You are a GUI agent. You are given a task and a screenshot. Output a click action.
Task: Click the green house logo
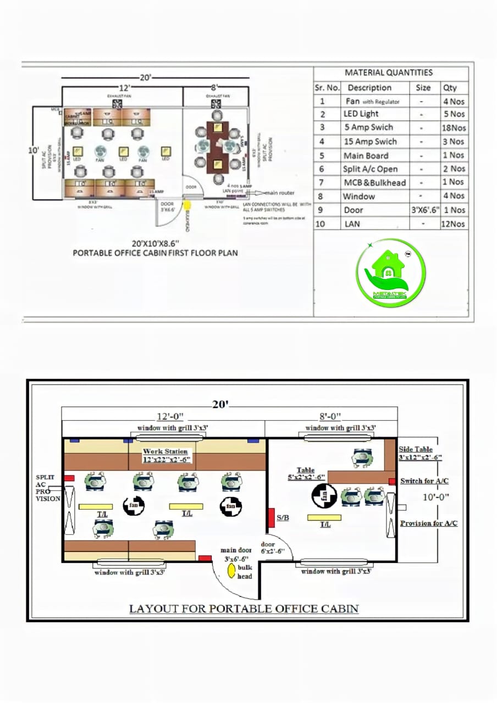click(390, 272)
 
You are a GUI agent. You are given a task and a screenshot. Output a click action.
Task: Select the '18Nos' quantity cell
click(454, 127)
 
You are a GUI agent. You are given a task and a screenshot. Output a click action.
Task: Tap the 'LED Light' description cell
click(361, 114)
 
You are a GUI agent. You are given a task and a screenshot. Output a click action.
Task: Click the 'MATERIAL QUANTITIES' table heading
click(389, 72)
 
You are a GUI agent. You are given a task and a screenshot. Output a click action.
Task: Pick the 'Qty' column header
click(450, 87)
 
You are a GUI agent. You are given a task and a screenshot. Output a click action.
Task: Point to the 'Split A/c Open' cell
click(370, 169)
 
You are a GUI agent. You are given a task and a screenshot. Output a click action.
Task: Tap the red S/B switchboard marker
click(271, 518)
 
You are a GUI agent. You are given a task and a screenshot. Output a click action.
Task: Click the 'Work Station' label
click(165, 451)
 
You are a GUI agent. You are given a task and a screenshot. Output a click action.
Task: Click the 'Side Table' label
click(416, 449)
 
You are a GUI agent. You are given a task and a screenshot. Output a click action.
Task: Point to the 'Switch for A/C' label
click(424, 481)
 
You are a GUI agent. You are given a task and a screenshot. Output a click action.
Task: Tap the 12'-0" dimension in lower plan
click(170, 416)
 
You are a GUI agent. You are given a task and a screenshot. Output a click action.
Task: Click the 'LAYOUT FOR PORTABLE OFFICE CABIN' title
click(244, 609)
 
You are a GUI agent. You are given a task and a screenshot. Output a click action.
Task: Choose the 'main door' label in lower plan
click(236, 550)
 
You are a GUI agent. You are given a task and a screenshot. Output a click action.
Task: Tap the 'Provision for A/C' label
click(428, 523)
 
